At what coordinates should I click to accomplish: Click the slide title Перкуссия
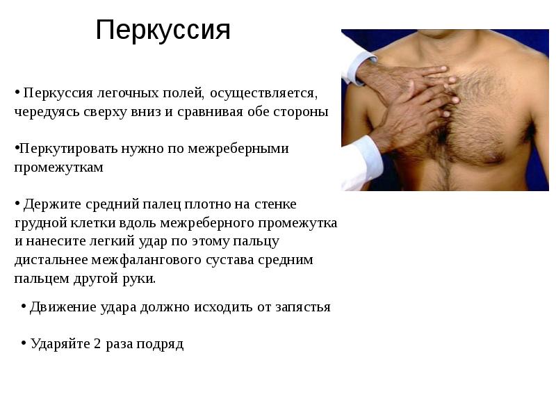(x=163, y=30)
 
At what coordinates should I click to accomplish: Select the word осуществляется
(x=264, y=92)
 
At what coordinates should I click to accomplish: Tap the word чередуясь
(x=44, y=111)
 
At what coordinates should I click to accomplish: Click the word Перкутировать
(x=65, y=149)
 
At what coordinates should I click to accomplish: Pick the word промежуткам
(x=59, y=167)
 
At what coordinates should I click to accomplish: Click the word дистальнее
(x=50, y=260)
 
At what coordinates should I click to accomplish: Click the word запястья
(x=303, y=306)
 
